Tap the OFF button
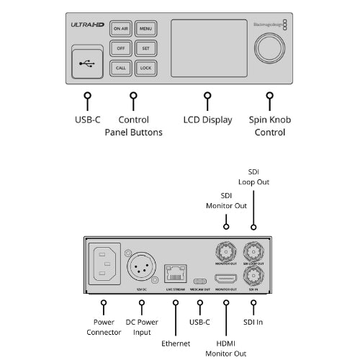tap(121, 48)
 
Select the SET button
tap(145, 48)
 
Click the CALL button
tap(121, 68)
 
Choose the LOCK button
tap(145, 68)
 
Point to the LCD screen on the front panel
tap(206, 48)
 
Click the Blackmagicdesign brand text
tap(266, 24)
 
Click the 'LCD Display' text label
tap(207, 120)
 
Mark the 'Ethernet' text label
tap(175, 343)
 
